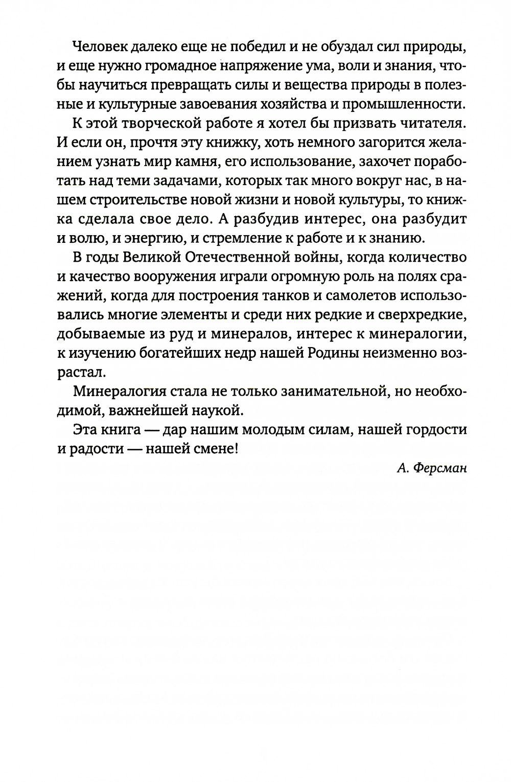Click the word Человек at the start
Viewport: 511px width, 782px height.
pyautogui.click(x=102, y=48)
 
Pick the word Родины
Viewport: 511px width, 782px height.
pyautogui.click(x=341, y=352)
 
